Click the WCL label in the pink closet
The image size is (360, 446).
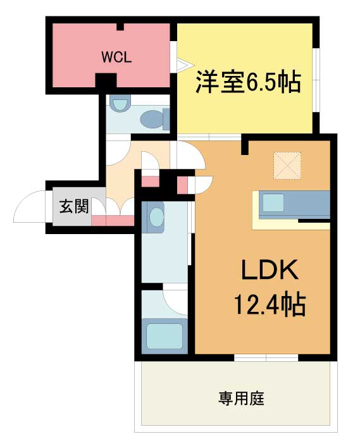pyautogui.click(x=116, y=58)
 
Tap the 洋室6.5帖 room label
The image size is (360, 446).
pyautogui.click(x=248, y=82)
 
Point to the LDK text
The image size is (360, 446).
pyautogui.click(x=270, y=269)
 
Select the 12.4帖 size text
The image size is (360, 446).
pyautogui.click(x=270, y=304)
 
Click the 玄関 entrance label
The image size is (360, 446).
pyautogui.click(x=74, y=206)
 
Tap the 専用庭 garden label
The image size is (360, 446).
pyautogui.click(x=241, y=398)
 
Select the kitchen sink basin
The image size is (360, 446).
pyautogui.click(x=273, y=202)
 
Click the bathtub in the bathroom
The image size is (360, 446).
pyautogui.click(x=164, y=336)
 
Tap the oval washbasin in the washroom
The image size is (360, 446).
pyautogui.click(x=157, y=217)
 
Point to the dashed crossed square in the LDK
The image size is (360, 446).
pyautogui.click(x=287, y=166)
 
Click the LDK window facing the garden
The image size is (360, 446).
pyautogui.click(x=266, y=357)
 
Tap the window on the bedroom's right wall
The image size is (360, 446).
pyautogui.click(x=316, y=80)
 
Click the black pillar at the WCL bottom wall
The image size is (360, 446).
pyautogui.click(x=106, y=80)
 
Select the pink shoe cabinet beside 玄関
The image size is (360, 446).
pyautogui.click(x=113, y=220)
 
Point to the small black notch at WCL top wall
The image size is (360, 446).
pyautogui.click(x=121, y=27)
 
